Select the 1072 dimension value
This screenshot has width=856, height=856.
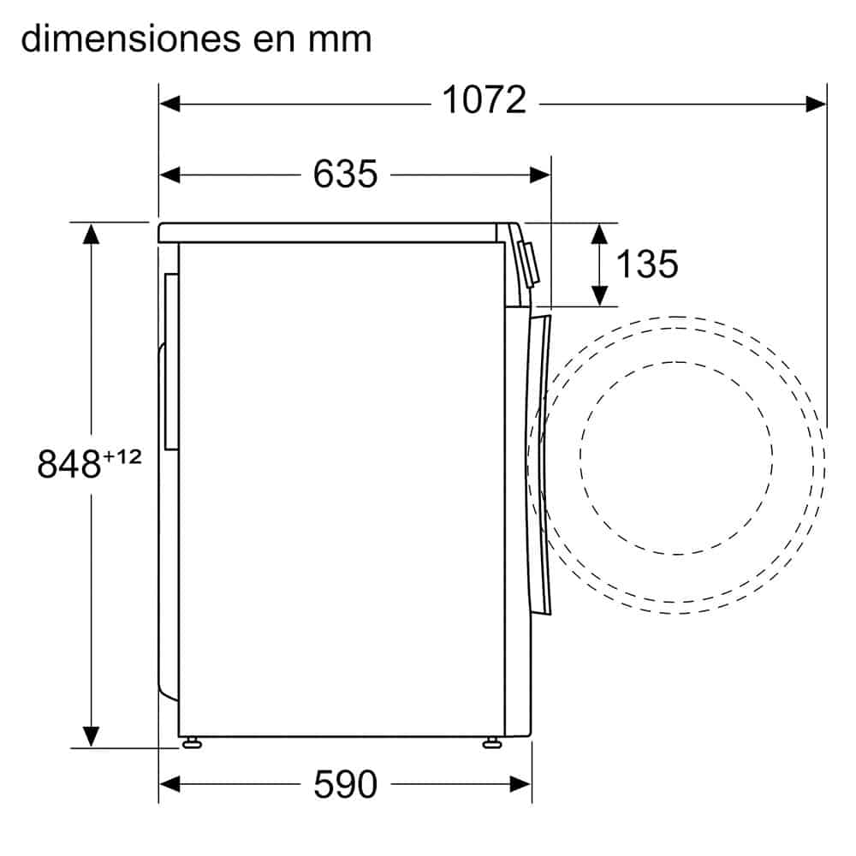pos(484,101)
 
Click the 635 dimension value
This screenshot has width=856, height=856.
pos(345,174)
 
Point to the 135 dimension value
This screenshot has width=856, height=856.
pos(647,264)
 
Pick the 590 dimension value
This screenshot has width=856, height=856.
pos(345,784)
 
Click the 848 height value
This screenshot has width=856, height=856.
pos(69,464)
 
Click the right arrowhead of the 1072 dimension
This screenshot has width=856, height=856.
pos(816,104)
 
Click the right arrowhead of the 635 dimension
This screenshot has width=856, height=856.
pos(540,175)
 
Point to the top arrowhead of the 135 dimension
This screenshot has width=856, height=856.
pos(601,234)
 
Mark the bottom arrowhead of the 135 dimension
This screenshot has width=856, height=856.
pos(601,294)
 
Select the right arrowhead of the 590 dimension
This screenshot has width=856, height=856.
pos(520,782)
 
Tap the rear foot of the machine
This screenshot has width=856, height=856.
pos(190,742)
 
